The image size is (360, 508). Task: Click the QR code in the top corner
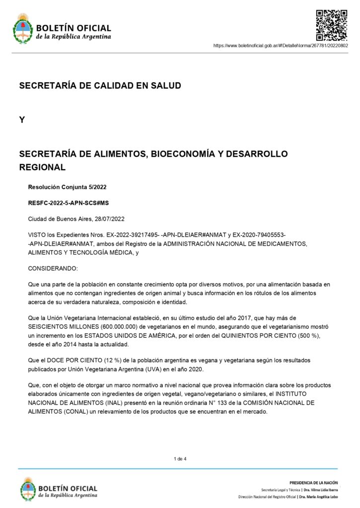[x=332, y=25]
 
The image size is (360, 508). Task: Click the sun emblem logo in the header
[x=22, y=29]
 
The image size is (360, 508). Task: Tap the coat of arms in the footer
[x=28, y=488]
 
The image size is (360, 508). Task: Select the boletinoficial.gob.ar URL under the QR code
[x=281, y=46]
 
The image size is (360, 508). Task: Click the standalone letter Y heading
[x=22, y=120]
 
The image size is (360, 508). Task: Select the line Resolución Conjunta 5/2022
[x=67, y=187]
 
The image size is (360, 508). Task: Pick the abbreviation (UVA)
[x=144, y=368]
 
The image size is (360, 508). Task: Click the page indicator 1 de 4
[x=180, y=458]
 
